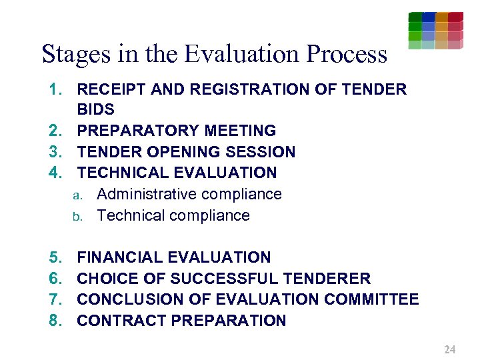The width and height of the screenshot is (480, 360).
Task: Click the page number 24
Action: [449, 349]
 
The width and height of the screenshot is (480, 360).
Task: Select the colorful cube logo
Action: [435, 31]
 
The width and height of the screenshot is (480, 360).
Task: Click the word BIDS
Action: [96, 109]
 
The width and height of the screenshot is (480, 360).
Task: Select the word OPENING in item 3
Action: [185, 152]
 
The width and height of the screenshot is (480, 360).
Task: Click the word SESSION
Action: [261, 152]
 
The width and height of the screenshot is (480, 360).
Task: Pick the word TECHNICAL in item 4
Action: [123, 173]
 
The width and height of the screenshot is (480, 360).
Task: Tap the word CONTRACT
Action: [121, 321]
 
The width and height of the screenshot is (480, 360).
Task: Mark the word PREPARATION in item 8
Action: [229, 321]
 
